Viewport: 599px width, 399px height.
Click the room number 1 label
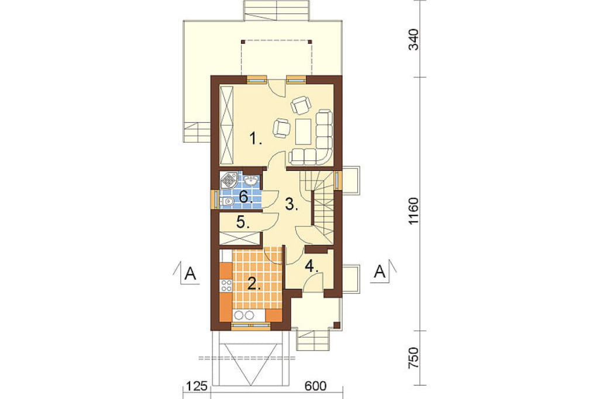click(255, 138)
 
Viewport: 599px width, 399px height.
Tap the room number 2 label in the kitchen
click(254, 284)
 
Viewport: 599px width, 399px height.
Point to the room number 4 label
click(311, 266)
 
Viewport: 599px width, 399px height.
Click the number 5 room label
click(243, 222)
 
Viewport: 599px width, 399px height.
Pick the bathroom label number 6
click(246, 197)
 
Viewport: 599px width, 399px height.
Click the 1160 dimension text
click(414, 211)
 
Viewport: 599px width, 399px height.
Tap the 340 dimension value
click(414, 40)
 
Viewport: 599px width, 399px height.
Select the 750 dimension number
click(414, 358)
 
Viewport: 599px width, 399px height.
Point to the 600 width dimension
click(315, 386)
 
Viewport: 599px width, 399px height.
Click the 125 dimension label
click(197, 386)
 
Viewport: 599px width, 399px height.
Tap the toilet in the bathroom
click(227, 201)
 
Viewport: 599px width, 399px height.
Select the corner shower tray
click(229, 180)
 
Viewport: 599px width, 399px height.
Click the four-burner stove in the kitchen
click(226, 286)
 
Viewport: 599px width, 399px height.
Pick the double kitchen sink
click(245, 315)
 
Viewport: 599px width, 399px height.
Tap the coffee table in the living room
click(304, 131)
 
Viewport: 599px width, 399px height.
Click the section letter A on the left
click(190, 274)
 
